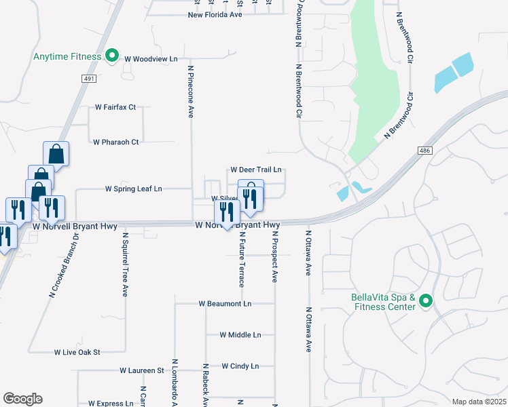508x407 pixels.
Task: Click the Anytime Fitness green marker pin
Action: coord(113,56)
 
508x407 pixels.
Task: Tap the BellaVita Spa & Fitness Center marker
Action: coord(426,301)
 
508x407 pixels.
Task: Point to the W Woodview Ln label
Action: coord(150,58)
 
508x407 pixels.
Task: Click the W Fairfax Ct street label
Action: coord(115,107)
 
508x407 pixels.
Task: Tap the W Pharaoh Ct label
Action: coord(115,142)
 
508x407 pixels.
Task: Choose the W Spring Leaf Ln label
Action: coord(134,189)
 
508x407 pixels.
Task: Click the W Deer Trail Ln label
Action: coord(256,170)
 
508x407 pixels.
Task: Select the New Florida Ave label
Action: coord(215,14)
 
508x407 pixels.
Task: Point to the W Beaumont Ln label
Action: coord(225,303)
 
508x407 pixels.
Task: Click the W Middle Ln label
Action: coord(240,335)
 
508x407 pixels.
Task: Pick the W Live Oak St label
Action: coord(77,353)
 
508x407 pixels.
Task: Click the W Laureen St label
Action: coord(142,371)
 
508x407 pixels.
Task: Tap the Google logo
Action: coord(22,399)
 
